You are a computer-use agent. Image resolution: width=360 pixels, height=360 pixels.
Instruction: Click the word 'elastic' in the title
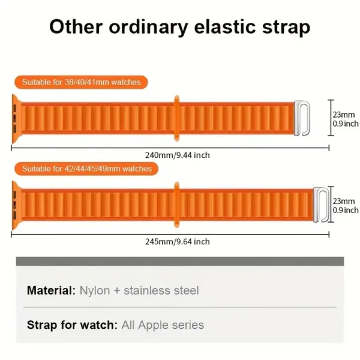[224, 26]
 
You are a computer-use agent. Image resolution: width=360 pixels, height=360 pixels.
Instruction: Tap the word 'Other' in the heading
[76, 26]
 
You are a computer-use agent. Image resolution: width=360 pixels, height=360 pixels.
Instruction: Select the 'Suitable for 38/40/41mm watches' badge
[81, 82]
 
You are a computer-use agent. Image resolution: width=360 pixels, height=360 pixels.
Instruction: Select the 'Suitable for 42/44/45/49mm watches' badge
[86, 169]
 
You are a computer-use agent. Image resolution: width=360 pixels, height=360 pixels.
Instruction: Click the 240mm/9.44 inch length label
[178, 155]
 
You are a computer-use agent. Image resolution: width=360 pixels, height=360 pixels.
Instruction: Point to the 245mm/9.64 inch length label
[178, 242]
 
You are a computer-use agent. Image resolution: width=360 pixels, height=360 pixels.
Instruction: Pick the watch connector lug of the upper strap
[16, 119]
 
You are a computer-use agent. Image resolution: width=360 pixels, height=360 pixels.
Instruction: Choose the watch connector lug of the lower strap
[16, 205]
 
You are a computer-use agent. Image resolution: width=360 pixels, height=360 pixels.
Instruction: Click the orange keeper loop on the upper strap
[176, 118]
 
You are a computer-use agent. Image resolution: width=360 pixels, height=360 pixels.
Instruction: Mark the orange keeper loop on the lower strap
[176, 205]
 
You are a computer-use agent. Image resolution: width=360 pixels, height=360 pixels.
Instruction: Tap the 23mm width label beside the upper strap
[344, 115]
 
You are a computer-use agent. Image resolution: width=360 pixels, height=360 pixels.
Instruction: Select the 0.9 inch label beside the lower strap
[346, 210]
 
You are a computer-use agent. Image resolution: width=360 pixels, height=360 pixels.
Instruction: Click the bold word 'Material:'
[51, 290]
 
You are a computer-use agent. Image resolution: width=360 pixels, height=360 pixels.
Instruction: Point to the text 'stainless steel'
[161, 290]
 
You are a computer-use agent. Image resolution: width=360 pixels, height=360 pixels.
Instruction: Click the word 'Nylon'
[95, 291]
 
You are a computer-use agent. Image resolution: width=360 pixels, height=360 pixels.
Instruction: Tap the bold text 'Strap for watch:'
[73, 325]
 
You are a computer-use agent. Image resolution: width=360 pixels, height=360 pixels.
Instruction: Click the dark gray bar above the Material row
[180, 261]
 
